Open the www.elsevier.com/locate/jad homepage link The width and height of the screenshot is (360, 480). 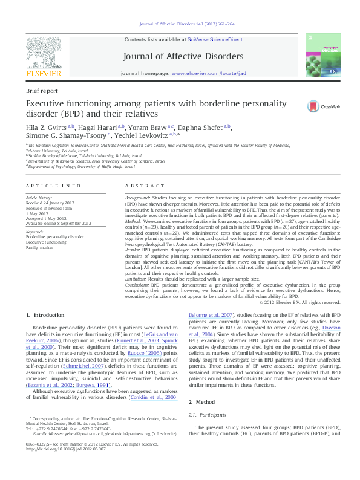pyautogui.click(x=209, y=73)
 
